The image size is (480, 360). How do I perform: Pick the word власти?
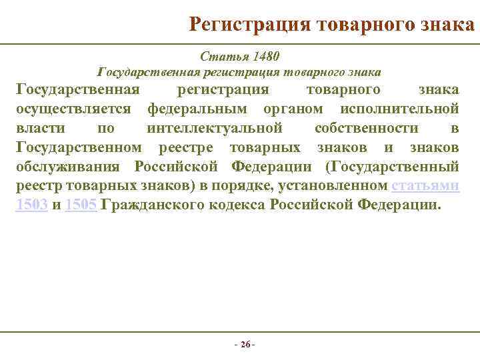(38, 128)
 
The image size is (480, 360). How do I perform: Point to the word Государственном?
(79, 147)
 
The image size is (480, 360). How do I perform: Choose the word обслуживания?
(70, 167)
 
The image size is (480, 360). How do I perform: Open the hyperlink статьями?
(426, 186)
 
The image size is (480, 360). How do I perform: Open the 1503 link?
(31, 205)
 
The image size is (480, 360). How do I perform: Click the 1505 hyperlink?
(82, 205)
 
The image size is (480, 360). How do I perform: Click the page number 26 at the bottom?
(245, 345)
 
